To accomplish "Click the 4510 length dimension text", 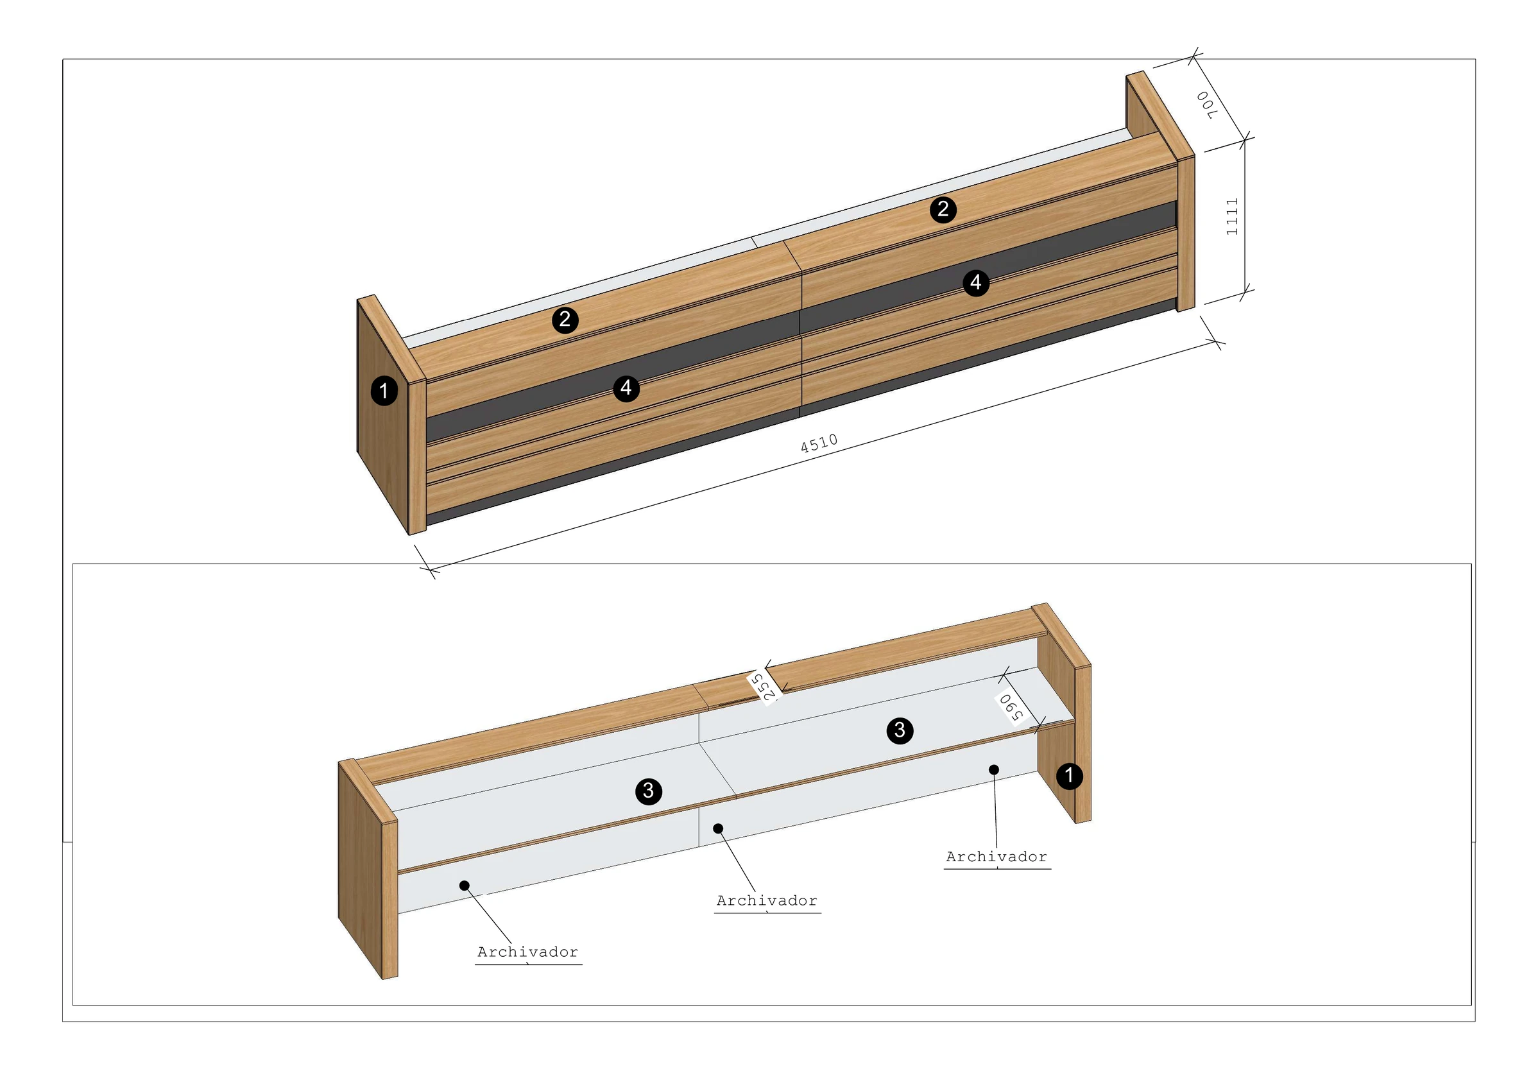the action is click(x=819, y=443).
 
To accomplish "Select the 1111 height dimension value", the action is click(x=1232, y=217).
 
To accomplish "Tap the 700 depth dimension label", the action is click(x=1206, y=105).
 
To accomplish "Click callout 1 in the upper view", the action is click(x=384, y=391).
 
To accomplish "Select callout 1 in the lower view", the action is click(x=1069, y=776).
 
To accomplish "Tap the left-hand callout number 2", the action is click(x=565, y=320).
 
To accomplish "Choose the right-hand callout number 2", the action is click(x=943, y=209).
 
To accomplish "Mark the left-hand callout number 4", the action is click(x=626, y=388).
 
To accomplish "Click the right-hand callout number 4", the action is click(x=976, y=282).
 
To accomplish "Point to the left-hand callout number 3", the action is click(x=649, y=791).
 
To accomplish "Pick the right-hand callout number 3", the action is click(x=900, y=730).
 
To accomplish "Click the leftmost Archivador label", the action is click(x=528, y=952).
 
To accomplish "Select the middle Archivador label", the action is click(x=767, y=900).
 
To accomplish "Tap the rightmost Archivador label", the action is click(x=997, y=857).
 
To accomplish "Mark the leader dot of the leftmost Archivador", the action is click(x=464, y=886).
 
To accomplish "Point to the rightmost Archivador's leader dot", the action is click(x=994, y=769).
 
